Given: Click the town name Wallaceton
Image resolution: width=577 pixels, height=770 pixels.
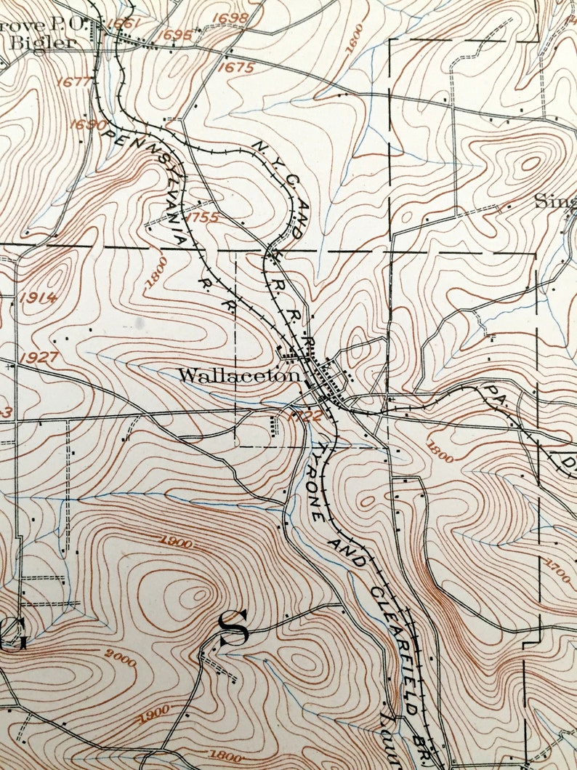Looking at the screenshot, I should pyautogui.click(x=239, y=376).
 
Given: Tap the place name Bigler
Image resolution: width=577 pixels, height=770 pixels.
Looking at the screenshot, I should pyautogui.click(x=42, y=43).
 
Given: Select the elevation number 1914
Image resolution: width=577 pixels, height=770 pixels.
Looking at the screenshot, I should pyautogui.click(x=40, y=297).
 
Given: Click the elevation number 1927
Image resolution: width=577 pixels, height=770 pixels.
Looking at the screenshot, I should pyautogui.click(x=39, y=358).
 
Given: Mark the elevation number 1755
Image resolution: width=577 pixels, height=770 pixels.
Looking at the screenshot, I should pyautogui.click(x=201, y=217).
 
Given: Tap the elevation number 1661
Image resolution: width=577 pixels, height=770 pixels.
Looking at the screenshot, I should pyautogui.click(x=122, y=23).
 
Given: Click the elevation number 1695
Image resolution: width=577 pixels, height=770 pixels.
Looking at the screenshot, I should pyautogui.click(x=176, y=34).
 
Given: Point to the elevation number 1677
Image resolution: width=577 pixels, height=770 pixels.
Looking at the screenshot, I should pyautogui.click(x=76, y=81).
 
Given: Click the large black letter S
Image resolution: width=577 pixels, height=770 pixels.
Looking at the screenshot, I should pyautogui.click(x=233, y=629).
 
